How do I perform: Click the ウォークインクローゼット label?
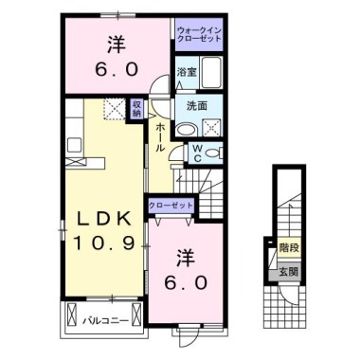pyautogui.click(x=198, y=35)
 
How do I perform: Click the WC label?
pyautogui.click(x=197, y=152)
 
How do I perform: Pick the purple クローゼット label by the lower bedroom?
pyautogui.click(x=170, y=204)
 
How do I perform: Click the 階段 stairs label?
pyautogui.click(x=288, y=247)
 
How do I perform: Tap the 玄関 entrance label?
pyautogui.click(x=288, y=272)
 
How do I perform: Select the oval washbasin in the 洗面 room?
pyautogui.click(x=188, y=129)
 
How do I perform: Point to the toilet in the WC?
pyautogui.click(x=215, y=152)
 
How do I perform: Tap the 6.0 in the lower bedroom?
pyautogui.click(x=188, y=282)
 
